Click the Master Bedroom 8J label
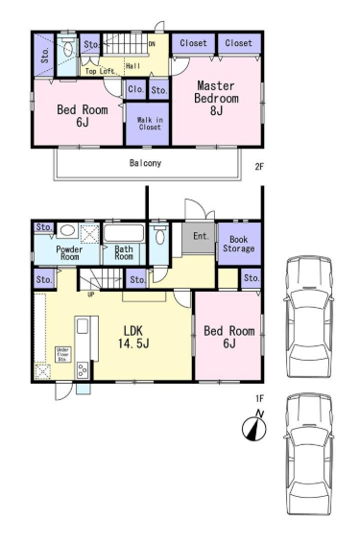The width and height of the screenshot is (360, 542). [216, 98]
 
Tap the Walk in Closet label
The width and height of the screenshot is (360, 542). [150, 124]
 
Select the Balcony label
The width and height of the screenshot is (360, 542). [145, 163]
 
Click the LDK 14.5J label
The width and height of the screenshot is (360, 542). [133, 337]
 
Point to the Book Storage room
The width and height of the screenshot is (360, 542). [239, 244]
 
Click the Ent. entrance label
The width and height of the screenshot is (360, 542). [202, 236]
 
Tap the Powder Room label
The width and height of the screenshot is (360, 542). [69, 253]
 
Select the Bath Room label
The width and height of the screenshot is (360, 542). [124, 252]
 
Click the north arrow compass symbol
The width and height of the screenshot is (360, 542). [254, 428]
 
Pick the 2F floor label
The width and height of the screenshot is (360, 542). [259, 167]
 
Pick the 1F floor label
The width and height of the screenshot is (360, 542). [259, 398]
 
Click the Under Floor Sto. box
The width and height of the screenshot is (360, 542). [63, 355]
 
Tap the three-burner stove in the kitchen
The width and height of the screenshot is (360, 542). [83, 370]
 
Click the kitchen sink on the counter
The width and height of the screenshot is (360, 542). [83, 326]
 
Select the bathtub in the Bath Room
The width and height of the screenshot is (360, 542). [124, 233]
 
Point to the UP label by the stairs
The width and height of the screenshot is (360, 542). [90, 295]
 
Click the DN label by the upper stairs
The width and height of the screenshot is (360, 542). [152, 44]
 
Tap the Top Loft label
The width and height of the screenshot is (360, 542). [100, 71]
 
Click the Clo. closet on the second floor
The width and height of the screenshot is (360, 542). [135, 89]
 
